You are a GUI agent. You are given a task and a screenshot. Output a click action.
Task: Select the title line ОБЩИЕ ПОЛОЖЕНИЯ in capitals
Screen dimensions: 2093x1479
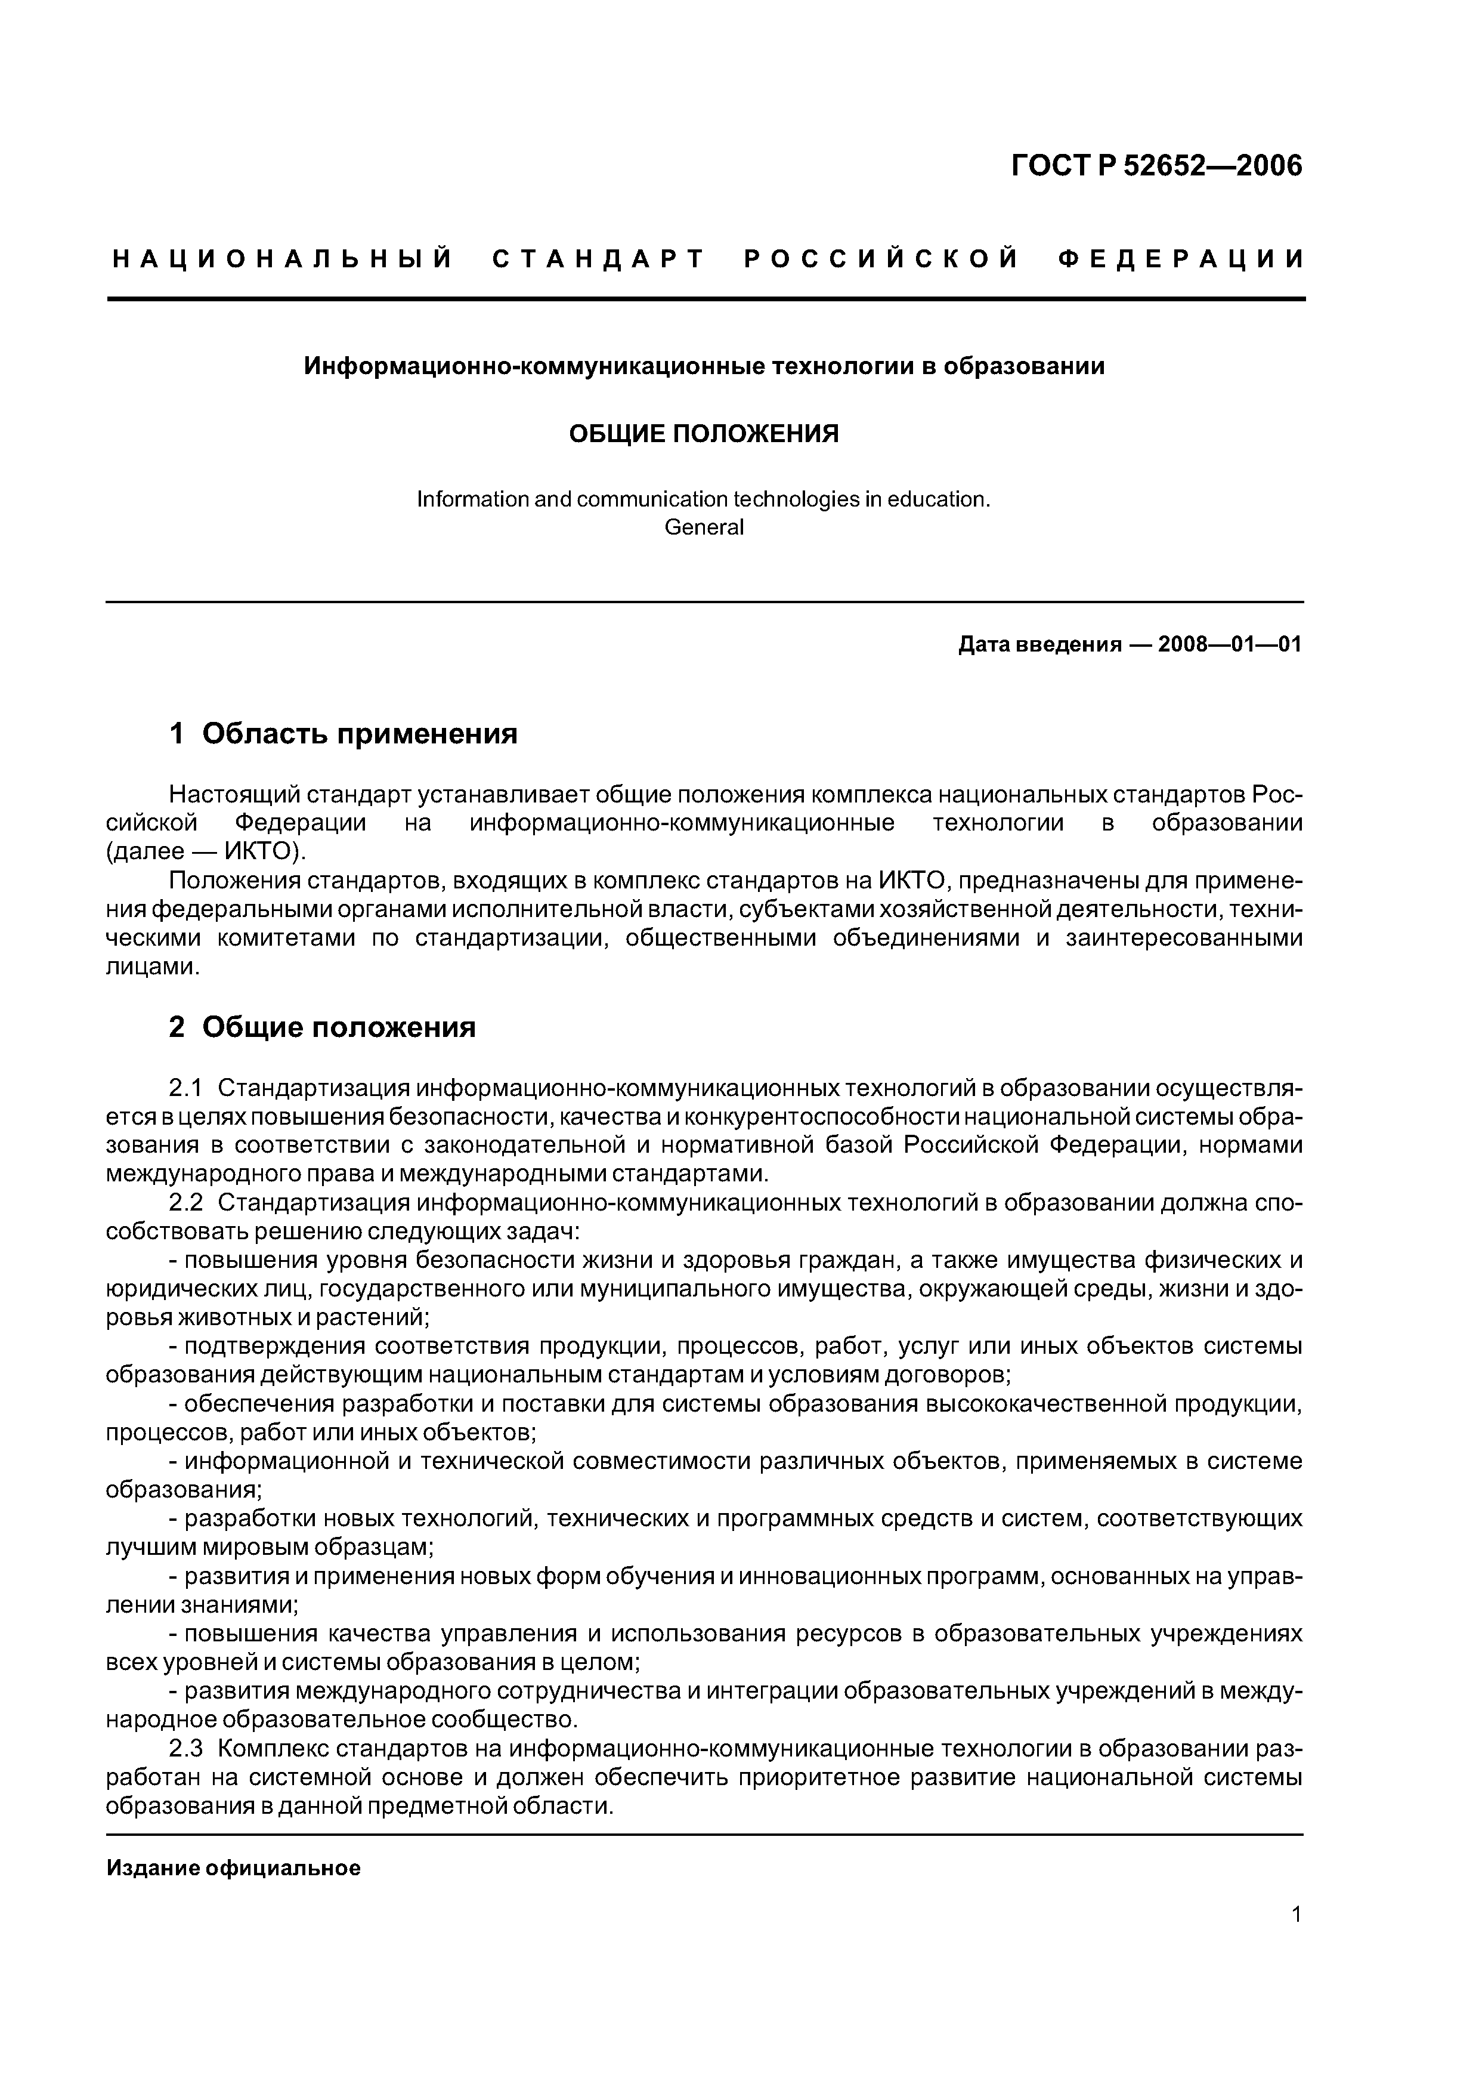[x=704, y=434]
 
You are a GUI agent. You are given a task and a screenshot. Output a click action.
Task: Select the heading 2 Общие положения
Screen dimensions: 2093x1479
[x=323, y=1027]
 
